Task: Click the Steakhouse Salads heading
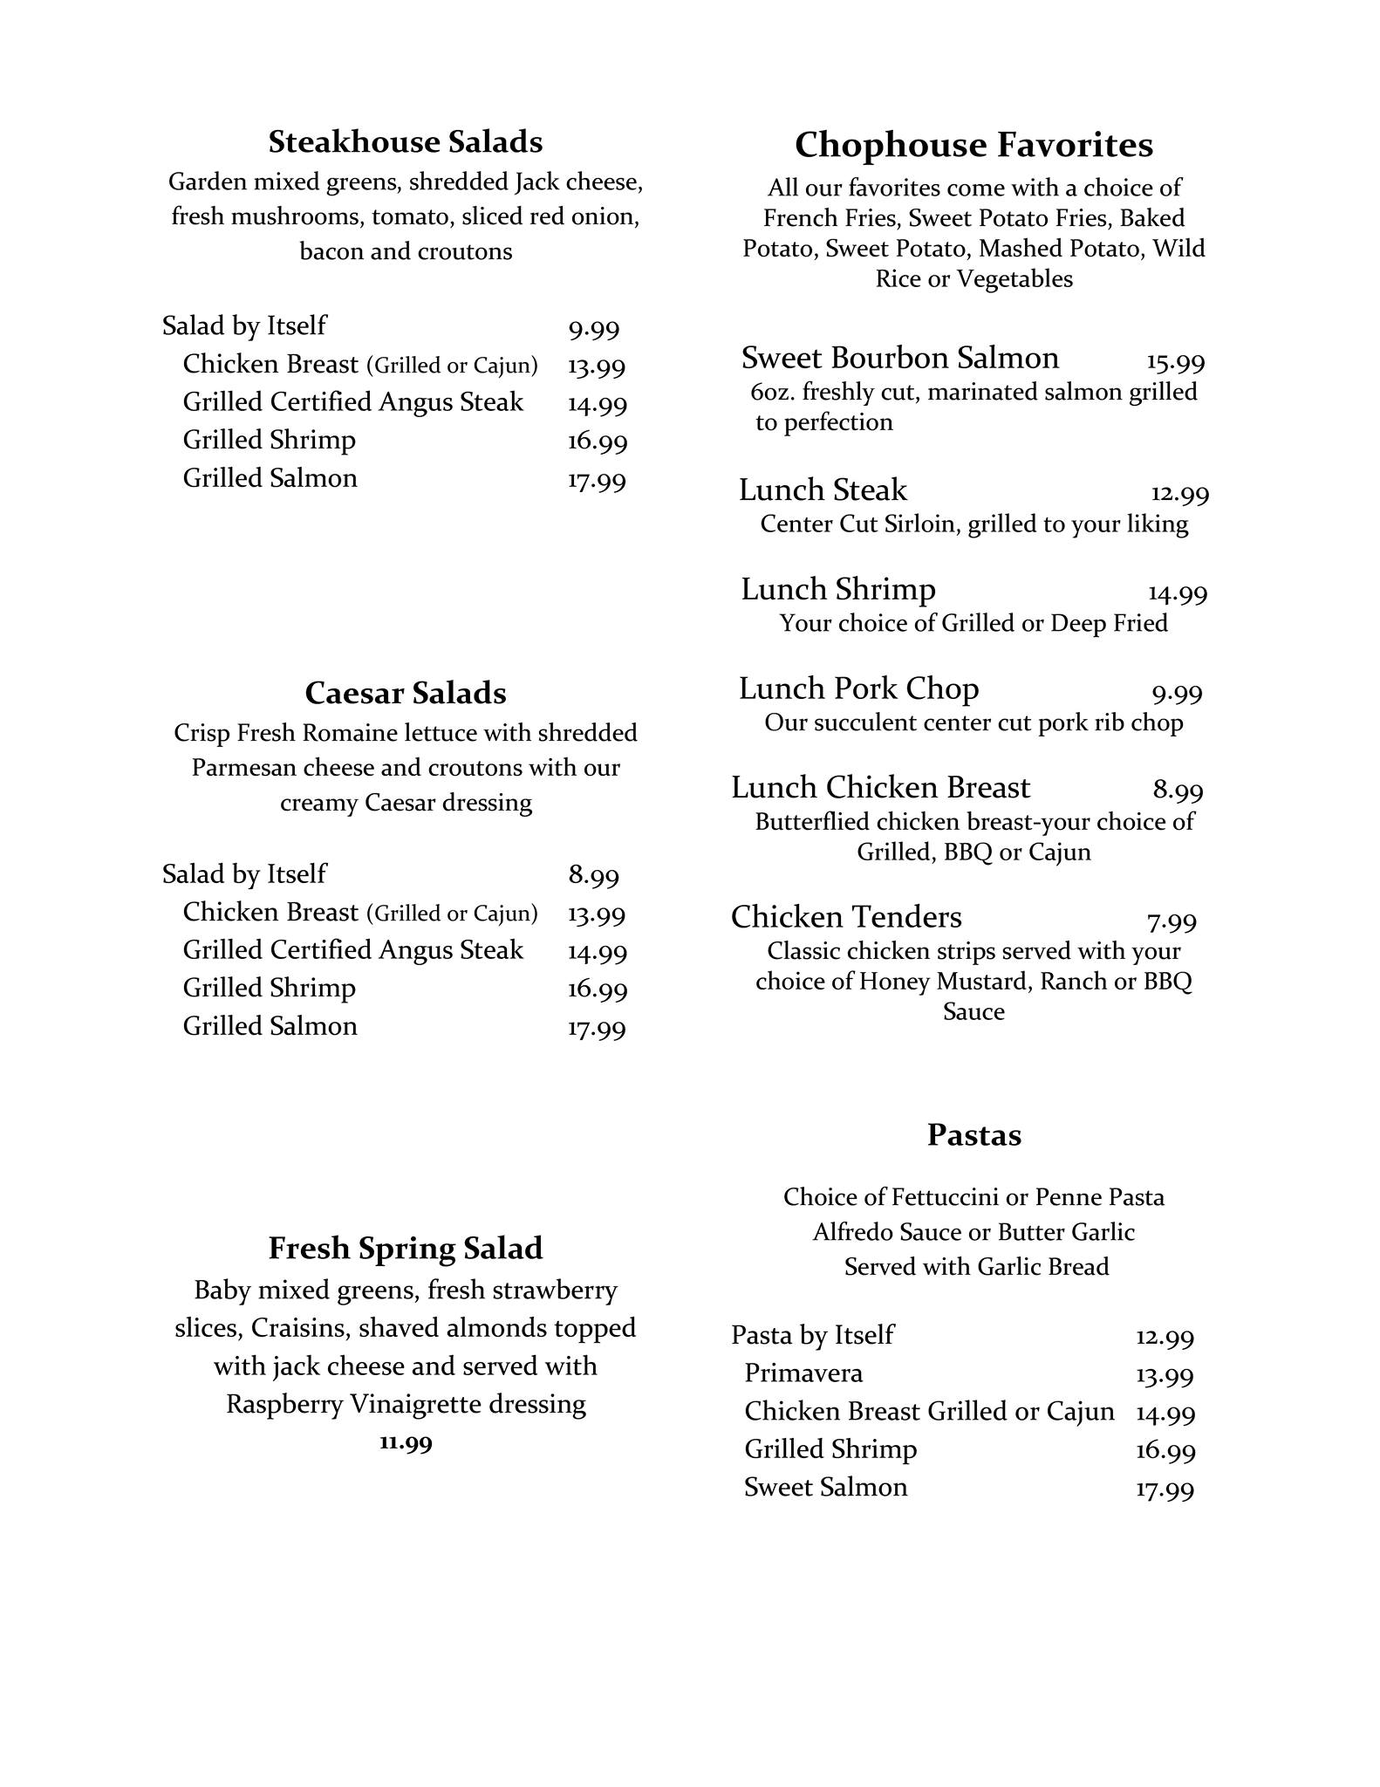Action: point(405,141)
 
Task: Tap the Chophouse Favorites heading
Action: point(974,145)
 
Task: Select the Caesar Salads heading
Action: point(405,693)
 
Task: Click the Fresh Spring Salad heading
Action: point(405,1248)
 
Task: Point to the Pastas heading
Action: point(974,1134)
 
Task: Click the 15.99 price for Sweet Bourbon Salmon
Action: point(1175,362)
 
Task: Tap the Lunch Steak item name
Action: point(823,490)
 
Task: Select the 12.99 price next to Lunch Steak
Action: point(1179,495)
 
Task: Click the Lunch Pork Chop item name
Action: point(858,689)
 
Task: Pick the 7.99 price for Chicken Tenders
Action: point(1172,921)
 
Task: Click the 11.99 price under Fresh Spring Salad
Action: point(406,1442)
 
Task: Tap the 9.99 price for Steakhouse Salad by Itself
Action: point(593,330)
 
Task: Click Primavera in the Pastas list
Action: point(803,1373)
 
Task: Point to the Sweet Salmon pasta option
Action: point(825,1487)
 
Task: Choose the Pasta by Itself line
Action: point(812,1335)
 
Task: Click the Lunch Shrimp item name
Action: point(837,590)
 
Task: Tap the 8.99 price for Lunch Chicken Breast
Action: point(1178,791)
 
